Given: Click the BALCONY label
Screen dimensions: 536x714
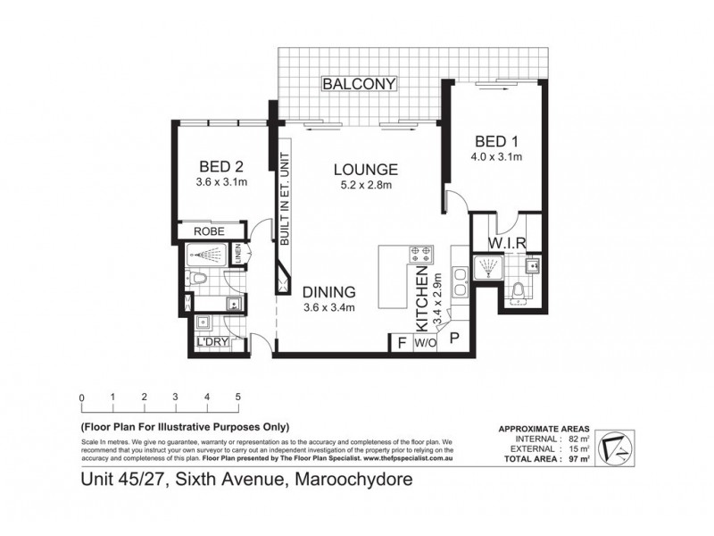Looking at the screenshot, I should tap(360, 84).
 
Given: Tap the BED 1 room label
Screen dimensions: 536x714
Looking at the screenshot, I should tap(496, 142).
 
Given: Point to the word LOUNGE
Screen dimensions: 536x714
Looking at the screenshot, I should tap(365, 169).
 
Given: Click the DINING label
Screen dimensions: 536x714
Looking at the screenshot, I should tap(329, 292).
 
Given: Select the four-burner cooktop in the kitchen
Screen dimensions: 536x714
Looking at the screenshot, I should tap(420, 255).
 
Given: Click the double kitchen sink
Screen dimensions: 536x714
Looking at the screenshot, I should tap(460, 281).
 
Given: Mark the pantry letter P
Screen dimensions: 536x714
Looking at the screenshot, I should tap(453, 338).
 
